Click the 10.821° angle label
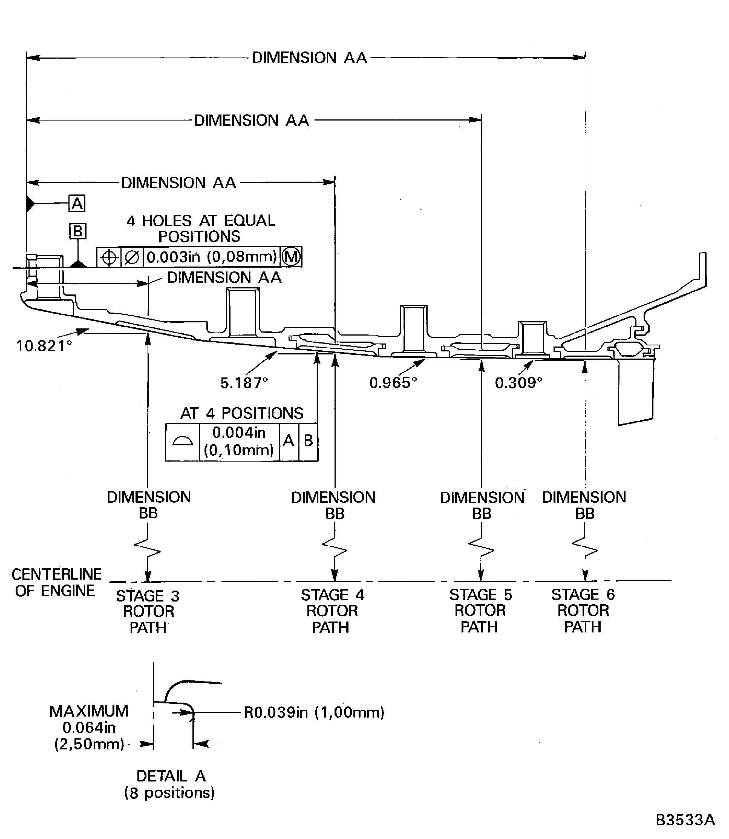tap(44, 346)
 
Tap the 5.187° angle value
tap(244, 383)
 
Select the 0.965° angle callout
tap(393, 383)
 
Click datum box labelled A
tap(77, 203)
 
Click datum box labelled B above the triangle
tap(77, 231)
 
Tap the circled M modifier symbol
tap(291, 257)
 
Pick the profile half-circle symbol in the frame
tap(182, 442)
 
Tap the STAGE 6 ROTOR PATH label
tap(583, 611)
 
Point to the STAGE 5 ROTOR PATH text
tap(480, 611)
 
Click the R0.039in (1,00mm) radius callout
tap(314, 712)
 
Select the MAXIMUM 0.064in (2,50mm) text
tap(89, 728)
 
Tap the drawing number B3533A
tap(685, 820)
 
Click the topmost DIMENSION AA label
tap(310, 58)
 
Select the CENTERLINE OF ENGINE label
tap(56, 583)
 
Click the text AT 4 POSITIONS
tap(242, 414)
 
